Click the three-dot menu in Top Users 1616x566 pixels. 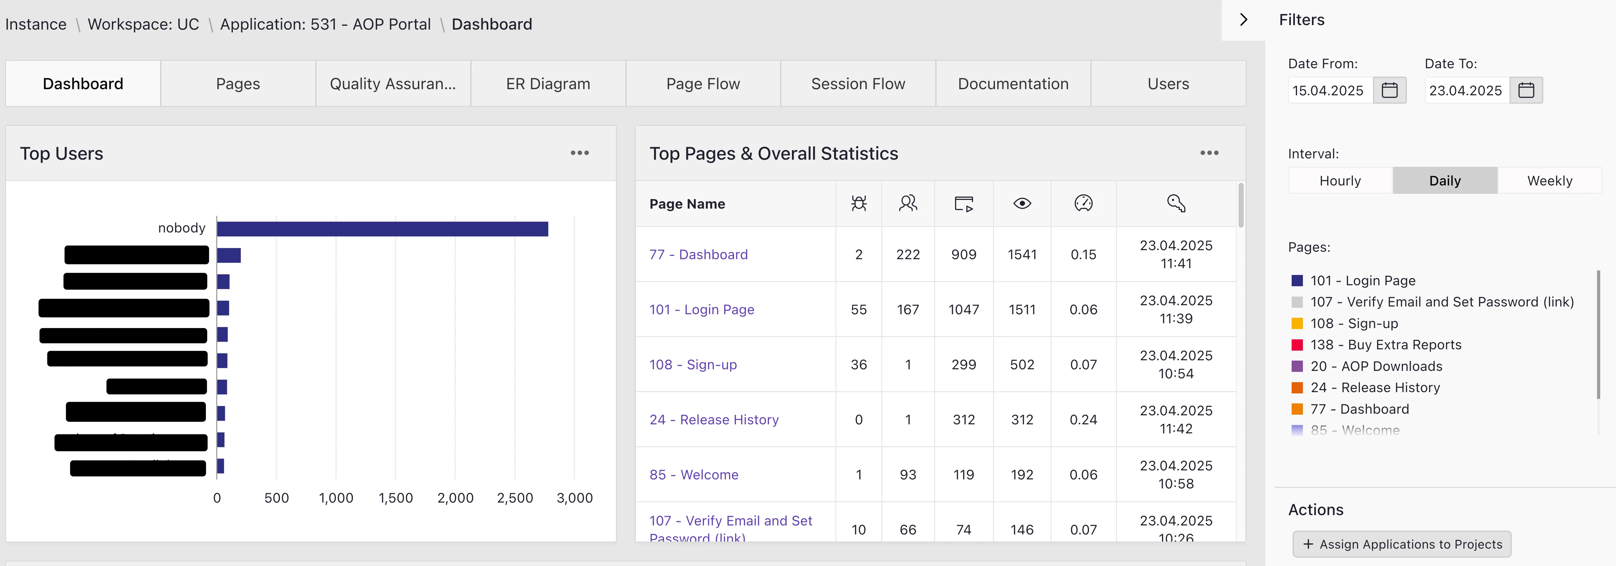click(579, 153)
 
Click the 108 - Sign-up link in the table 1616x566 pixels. click(692, 364)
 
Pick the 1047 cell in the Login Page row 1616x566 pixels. click(963, 309)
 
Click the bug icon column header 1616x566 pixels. click(858, 203)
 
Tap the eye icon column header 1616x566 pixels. click(1022, 203)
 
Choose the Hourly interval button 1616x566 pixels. click(1340, 181)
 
